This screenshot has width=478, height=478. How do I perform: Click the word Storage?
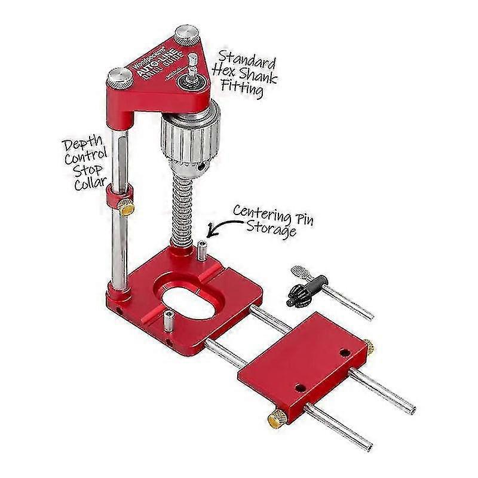point(272,229)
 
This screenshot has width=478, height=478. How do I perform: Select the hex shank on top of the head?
point(192,66)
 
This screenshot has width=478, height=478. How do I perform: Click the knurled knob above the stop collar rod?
point(120,78)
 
